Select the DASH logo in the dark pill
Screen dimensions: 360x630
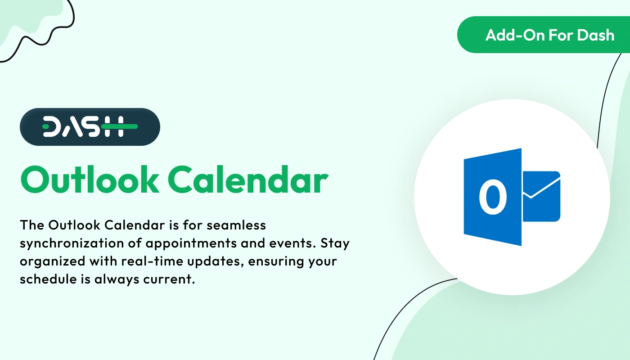point(90,126)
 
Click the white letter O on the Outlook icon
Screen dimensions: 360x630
point(493,197)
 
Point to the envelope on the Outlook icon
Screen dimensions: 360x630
point(541,196)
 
